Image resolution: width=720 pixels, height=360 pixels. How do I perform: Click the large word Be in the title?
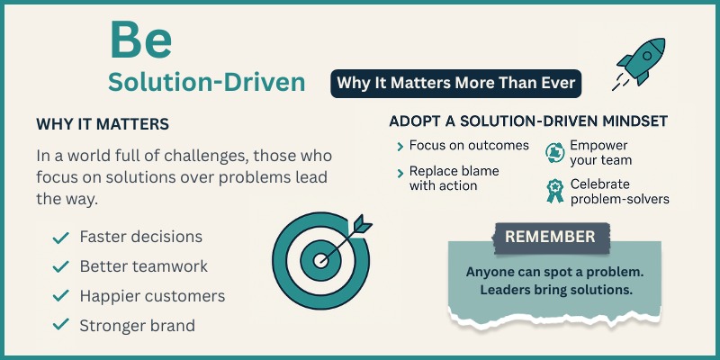[x=139, y=41]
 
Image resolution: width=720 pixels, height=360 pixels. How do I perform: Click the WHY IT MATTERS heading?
[x=103, y=123]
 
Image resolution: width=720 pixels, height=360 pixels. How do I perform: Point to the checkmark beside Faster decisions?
[x=61, y=238]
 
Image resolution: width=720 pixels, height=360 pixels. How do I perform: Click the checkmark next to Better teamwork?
[x=61, y=267]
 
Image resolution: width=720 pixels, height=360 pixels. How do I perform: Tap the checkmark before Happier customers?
[x=61, y=296]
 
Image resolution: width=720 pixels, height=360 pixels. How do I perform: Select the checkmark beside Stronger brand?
[x=61, y=326]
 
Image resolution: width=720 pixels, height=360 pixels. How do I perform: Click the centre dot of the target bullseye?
[x=320, y=262]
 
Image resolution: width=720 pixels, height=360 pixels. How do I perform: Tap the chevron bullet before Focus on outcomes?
[x=400, y=146]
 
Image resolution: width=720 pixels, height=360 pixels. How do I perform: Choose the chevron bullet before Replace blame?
[x=400, y=171]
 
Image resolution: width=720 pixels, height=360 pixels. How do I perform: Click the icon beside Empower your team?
[x=554, y=152]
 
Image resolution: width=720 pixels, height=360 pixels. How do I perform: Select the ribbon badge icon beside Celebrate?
[x=554, y=190]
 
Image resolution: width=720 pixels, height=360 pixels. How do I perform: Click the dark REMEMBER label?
[x=550, y=237]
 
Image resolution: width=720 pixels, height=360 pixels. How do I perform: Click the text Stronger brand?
[x=137, y=326]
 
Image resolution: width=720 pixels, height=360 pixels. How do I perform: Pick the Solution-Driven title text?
[x=206, y=82]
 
